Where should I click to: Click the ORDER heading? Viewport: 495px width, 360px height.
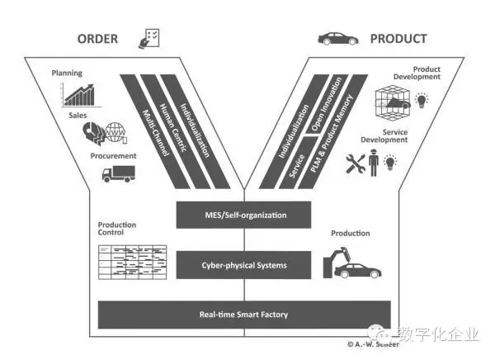coord(98,39)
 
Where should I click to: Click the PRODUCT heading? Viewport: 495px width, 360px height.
coord(398,39)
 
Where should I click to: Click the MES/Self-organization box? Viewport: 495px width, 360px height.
coord(243,216)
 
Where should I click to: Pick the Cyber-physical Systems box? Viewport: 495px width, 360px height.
coord(243,265)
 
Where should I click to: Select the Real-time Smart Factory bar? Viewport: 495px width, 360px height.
coord(243,315)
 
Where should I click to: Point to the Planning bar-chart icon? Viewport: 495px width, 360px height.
coord(87,95)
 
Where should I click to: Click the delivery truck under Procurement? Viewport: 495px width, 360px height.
coord(117,173)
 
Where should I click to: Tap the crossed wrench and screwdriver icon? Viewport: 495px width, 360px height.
coord(356,163)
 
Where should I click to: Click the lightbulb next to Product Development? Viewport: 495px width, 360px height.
coord(422,101)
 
